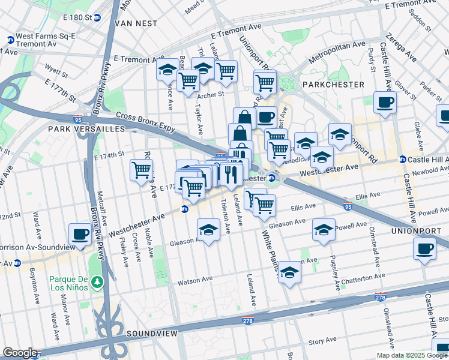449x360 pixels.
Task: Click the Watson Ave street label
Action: [x=195, y=280]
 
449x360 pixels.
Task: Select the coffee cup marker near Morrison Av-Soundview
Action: [x=80, y=233]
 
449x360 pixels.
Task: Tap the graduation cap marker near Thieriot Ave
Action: [x=208, y=229]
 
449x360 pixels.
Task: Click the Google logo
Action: [x=20, y=353]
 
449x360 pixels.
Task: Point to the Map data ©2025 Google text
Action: [x=411, y=355]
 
